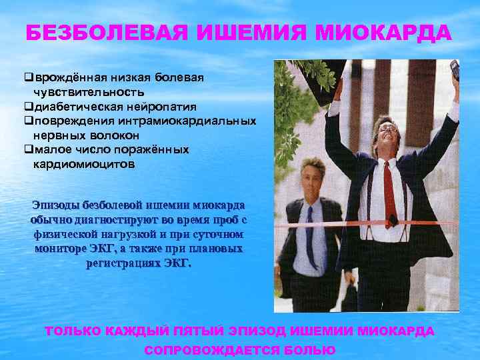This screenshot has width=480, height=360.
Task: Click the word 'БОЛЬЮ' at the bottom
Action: point(305,350)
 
